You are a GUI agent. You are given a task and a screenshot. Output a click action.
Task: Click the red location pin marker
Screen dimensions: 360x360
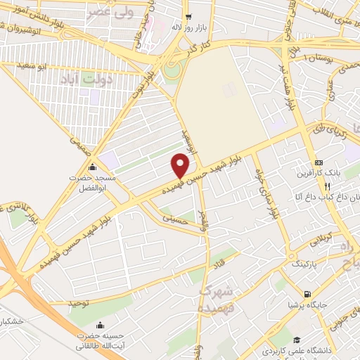[x=181, y=166]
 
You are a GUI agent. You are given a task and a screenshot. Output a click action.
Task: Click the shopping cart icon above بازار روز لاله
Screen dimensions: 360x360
[x=186, y=16]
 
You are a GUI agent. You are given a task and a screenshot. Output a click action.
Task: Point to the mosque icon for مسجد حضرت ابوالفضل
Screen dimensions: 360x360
[x=94, y=167]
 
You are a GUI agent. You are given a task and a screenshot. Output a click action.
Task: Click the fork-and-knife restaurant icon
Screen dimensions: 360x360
[x=327, y=186]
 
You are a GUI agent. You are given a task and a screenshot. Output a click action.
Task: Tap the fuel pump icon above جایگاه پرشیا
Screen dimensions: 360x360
[x=307, y=295]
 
